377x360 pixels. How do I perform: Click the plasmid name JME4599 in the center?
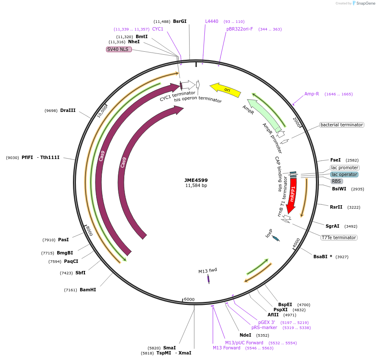[196, 180]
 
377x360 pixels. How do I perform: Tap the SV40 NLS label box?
[119, 49]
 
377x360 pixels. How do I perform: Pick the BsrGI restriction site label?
[180, 21]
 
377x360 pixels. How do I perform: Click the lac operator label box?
[344, 174]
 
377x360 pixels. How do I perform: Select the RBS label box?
[337, 181]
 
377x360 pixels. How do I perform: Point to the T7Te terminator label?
[339, 237]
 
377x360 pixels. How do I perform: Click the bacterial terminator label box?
[341, 125]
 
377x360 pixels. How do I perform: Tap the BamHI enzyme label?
[88, 290]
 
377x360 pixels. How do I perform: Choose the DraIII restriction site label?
[68, 110]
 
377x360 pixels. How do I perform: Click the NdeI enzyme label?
[245, 335]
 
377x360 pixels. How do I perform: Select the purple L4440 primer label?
[212, 21]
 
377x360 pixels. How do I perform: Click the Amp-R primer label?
[311, 94]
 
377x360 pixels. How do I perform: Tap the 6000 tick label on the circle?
[189, 299]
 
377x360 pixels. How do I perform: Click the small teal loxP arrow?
[276, 238]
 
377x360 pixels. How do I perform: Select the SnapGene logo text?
[365, 3]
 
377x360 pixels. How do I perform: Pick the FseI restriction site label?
[335, 160]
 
